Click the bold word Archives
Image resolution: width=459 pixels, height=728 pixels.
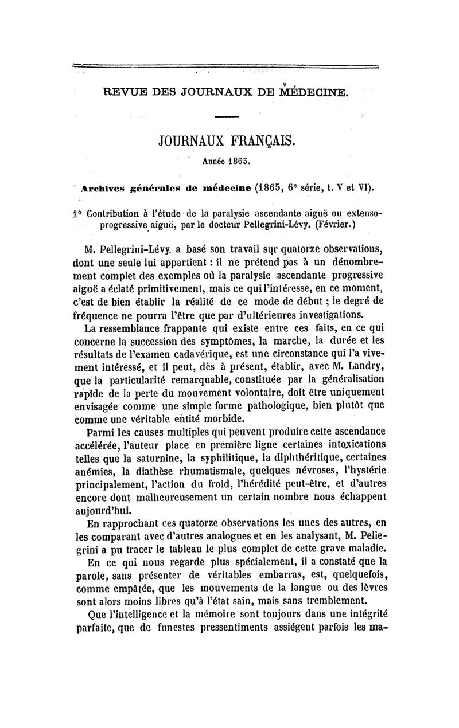click(x=103, y=187)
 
